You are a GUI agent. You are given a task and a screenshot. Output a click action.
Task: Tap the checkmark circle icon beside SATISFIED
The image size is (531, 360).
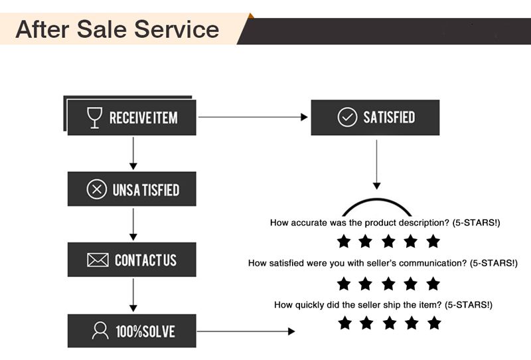point(347,118)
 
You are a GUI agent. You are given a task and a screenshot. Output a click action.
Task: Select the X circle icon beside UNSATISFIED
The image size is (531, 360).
point(96,189)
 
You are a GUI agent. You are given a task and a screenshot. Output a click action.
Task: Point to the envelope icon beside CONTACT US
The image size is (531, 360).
point(98,260)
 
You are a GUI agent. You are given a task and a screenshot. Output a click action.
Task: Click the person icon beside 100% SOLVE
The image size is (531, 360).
point(100,331)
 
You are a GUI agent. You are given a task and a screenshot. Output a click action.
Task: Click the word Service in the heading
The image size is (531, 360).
point(177,29)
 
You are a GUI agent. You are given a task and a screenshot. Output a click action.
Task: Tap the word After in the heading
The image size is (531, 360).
point(42,29)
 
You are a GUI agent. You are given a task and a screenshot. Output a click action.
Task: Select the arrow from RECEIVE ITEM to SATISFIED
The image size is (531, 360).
point(253,117)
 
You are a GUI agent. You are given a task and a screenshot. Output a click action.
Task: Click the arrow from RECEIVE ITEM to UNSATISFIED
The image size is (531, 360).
point(133,153)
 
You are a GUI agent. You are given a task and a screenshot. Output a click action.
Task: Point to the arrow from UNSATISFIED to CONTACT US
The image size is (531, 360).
point(133,225)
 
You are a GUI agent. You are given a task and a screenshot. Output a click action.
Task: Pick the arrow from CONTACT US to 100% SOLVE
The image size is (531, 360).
point(133,296)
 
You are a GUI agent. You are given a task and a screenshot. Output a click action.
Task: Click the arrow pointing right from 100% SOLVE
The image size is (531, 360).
point(246,331)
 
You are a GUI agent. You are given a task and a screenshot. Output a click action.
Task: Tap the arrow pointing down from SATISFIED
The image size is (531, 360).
point(376,165)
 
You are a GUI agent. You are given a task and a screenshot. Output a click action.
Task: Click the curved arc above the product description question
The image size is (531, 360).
point(376,200)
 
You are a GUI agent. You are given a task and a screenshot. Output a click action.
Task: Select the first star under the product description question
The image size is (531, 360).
point(344,241)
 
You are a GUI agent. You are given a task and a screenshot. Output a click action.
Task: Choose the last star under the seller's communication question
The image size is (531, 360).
point(433,284)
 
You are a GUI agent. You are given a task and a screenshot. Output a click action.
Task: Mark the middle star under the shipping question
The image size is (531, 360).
point(390,323)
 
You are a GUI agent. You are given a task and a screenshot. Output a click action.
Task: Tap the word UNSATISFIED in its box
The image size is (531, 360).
point(146,190)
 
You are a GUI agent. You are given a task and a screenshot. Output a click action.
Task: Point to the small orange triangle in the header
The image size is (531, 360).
point(251,15)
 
